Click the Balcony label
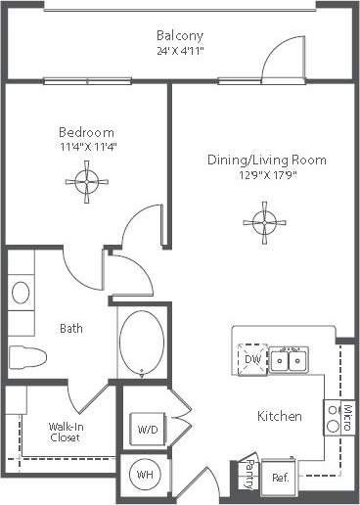(x=180, y=36)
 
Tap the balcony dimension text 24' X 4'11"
(x=180, y=51)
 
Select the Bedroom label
(x=86, y=132)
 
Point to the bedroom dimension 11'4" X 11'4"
(x=86, y=146)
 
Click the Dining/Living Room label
(x=266, y=160)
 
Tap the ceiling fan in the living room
(x=260, y=217)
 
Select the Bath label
(x=70, y=329)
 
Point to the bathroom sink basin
(x=21, y=293)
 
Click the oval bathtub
(x=142, y=344)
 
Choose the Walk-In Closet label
(x=65, y=432)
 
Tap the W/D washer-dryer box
(x=148, y=428)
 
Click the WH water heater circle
(x=146, y=477)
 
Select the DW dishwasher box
(x=254, y=359)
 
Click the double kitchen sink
(x=289, y=361)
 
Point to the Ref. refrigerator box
(x=280, y=478)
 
